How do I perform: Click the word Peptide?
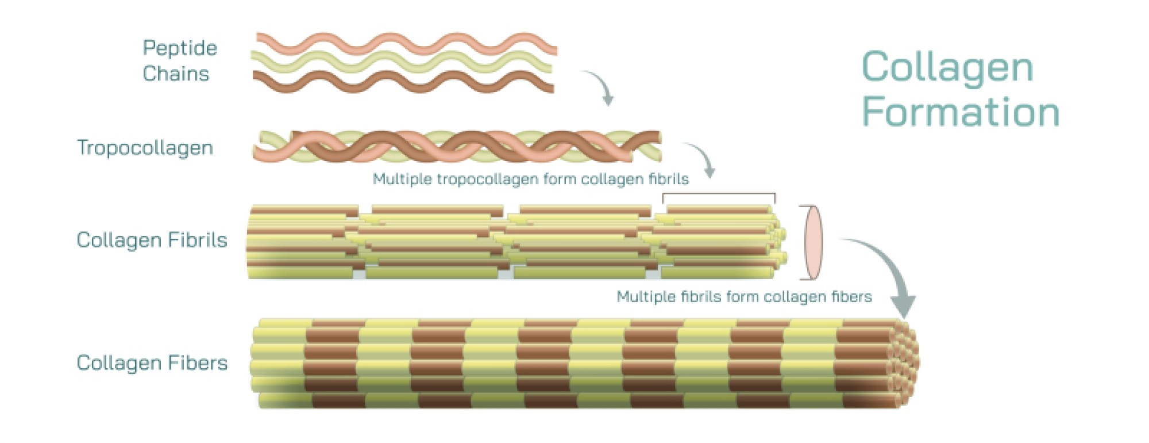coord(180,48)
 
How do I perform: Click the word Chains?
coord(176,74)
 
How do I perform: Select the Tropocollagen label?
coord(145,148)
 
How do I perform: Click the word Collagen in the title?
coord(947,67)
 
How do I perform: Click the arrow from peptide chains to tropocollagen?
coord(600,86)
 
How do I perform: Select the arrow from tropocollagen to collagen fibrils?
coord(702,158)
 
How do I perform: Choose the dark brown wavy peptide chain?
coord(402,82)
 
